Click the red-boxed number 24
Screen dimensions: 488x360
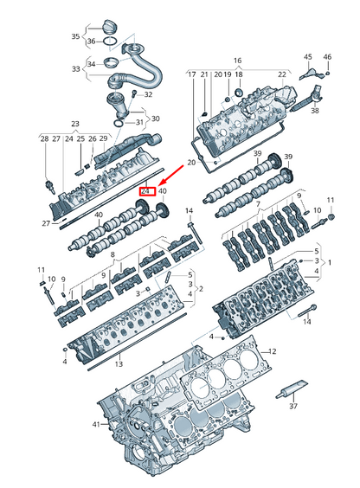pyautogui.click(x=147, y=190)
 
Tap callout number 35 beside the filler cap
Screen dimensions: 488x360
pyautogui.click(x=75, y=37)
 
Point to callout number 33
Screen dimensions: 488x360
pyautogui.click(x=75, y=68)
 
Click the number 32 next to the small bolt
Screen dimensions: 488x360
pyautogui.click(x=148, y=94)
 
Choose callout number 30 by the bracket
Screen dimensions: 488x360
pyautogui.click(x=155, y=119)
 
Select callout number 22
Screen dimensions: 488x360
pyautogui.click(x=281, y=75)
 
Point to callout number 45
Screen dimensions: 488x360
pyautogui.click(x=307, y=57)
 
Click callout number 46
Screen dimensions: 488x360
pyautogui.click(x=327, y=57)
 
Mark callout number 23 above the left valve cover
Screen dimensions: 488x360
pyautogui.click(x=75, y=125)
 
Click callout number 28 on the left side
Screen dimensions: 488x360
pyautogui.click(x=43, y=138)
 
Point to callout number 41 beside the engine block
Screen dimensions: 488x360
pyautogui.click(x=95, y=424)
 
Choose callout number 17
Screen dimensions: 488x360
pyautogui.click(x=191, y=75)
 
